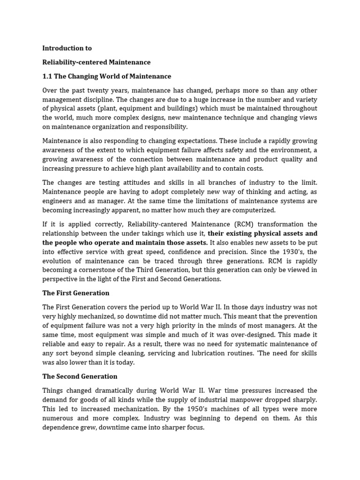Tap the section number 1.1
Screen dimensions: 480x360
pos(47,76)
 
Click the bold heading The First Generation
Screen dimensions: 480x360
pos(76,293)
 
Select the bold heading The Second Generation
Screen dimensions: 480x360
pos(80,376)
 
